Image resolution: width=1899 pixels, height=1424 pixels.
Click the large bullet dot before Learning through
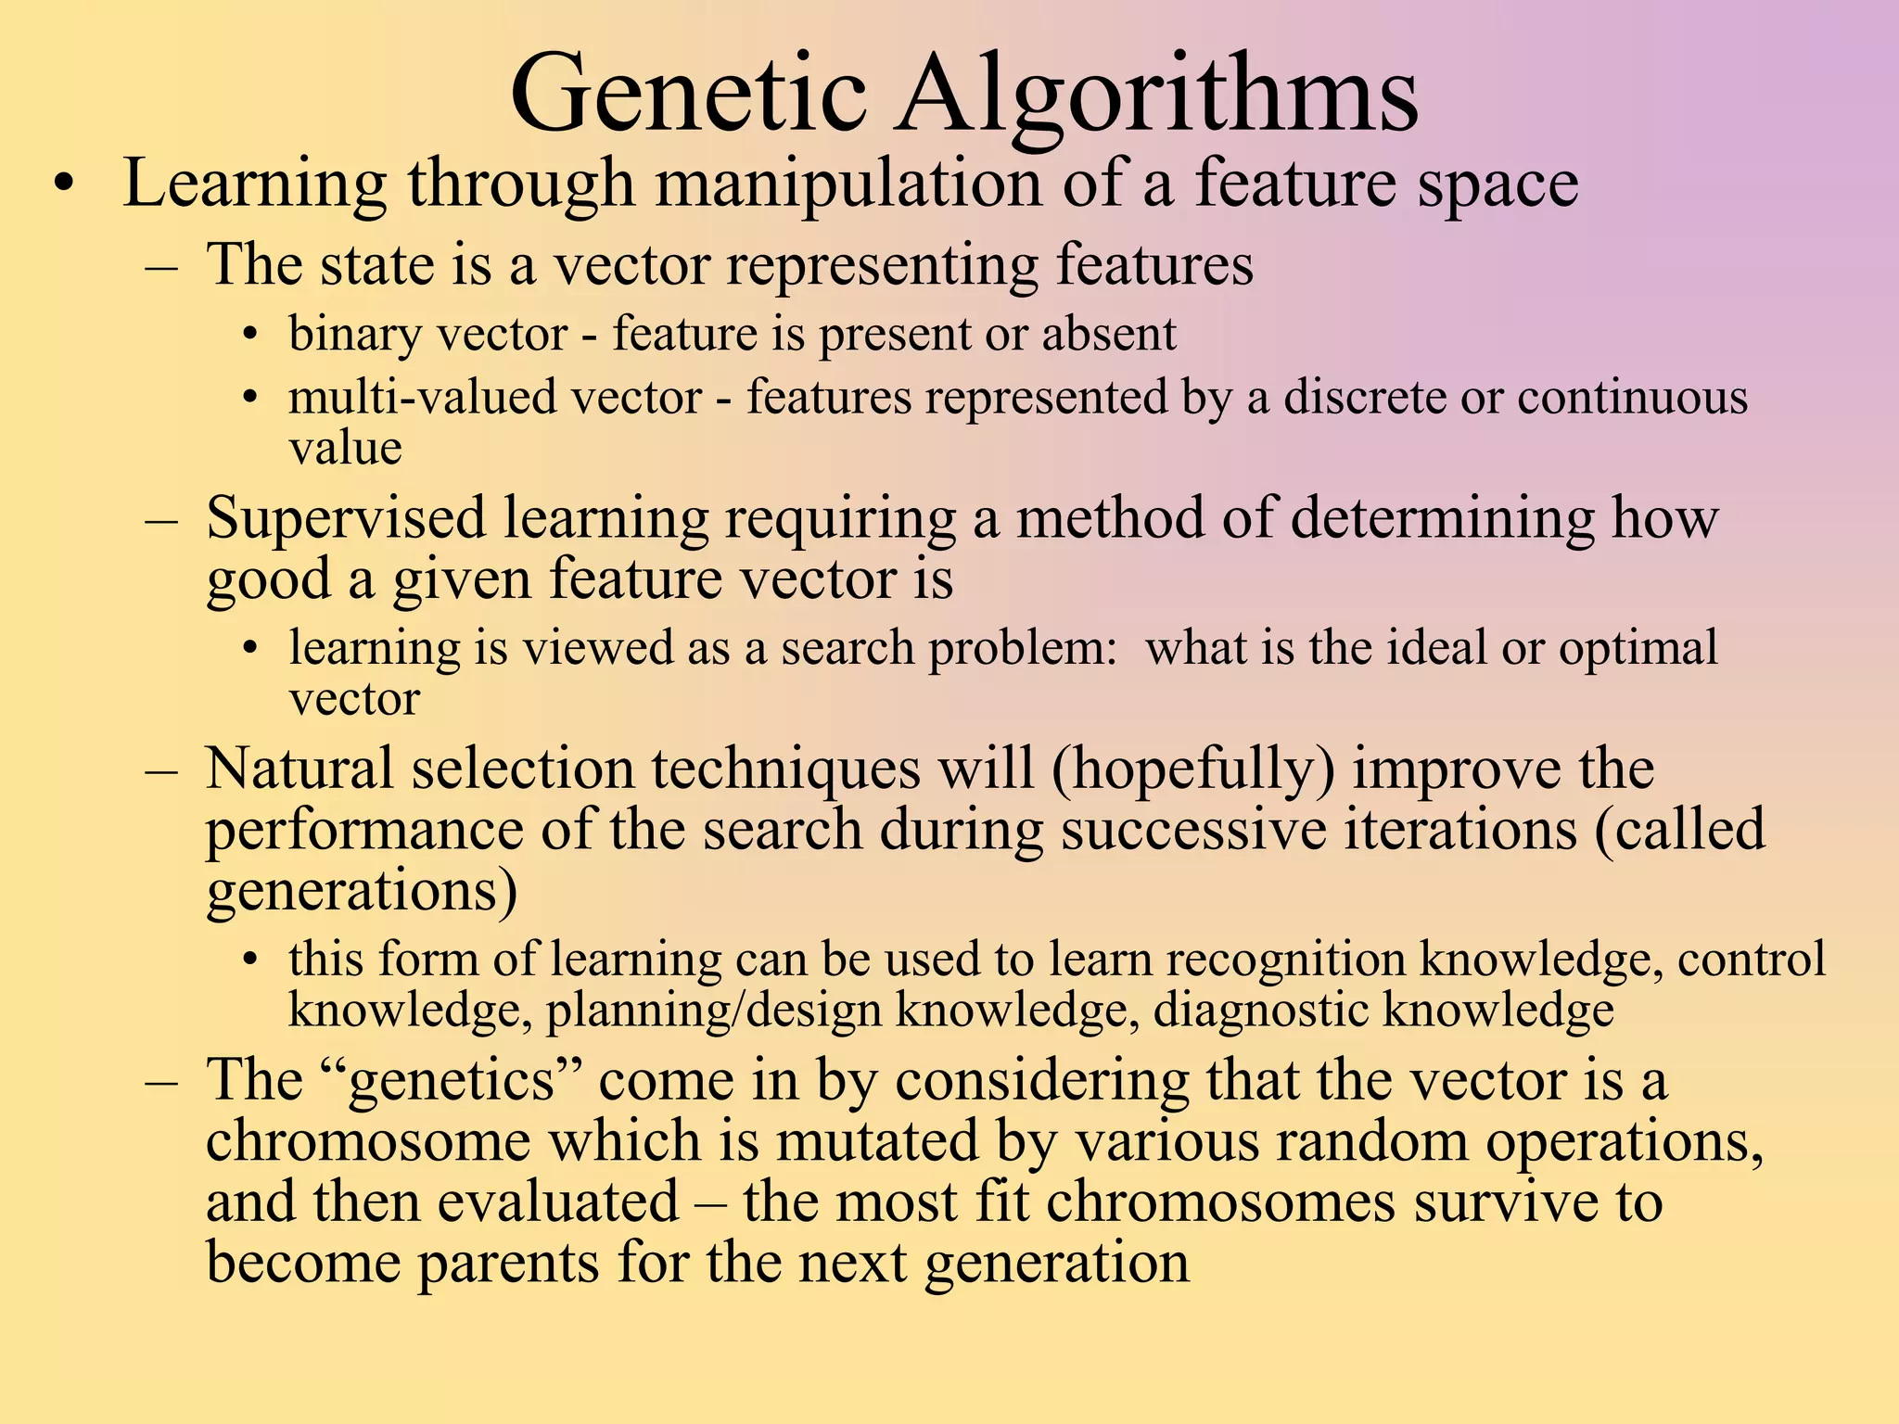pyautogui.click(x=62, y=184)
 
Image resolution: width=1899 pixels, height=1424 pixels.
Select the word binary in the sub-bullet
pyautogui.click(x=350, y=335)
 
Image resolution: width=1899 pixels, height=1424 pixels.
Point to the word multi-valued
pyautogui.click(x=401, y=398)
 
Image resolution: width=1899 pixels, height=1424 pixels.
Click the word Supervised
pyautogui.click(x=345, y=518)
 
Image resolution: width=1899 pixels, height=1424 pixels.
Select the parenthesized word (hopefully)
pyautogui.click(x=1193, y=770)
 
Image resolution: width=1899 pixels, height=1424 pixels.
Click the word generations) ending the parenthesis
pyautogui.click(x=362, y=891)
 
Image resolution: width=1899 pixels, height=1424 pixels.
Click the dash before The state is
pyautogui.click(x=161, y=266)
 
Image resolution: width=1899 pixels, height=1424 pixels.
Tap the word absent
pyautogui.click(x=1109, y=334)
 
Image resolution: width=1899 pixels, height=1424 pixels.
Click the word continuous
pyautogui.click(x=1632, y=398)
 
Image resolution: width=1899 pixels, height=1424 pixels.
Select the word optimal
pyautogui.click(x=1638, y=648)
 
